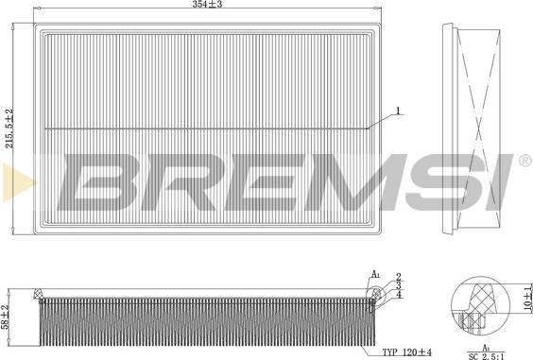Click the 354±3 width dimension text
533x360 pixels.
[206, 7]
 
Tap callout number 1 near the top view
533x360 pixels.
[398, 111]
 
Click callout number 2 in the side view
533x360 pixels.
[400, 274]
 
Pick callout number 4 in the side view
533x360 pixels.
[400, 294]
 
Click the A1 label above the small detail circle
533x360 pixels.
[375, 274]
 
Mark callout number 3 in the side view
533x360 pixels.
[400, 283]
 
